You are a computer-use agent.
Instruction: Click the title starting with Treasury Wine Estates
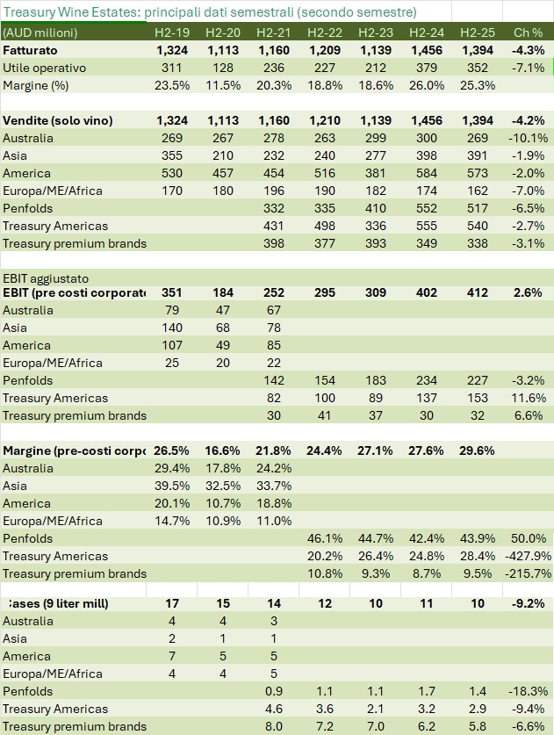[210, 12]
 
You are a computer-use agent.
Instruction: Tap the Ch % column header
[529, 32]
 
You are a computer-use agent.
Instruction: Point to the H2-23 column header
[375, 32]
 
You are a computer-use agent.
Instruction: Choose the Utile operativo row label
[43, 68]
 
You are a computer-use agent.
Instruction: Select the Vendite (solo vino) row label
[58, 120]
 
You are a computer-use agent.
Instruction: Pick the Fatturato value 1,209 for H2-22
[325, 50]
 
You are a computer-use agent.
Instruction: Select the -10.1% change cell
[529, 138]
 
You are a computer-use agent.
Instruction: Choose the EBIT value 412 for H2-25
[476, 292]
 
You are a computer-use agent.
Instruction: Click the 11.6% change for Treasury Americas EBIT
[529, 398]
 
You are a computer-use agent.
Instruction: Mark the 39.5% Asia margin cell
[172, 486]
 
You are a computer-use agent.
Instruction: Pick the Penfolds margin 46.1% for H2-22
[324, 538]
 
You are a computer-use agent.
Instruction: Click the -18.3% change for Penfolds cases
[527, 692]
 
